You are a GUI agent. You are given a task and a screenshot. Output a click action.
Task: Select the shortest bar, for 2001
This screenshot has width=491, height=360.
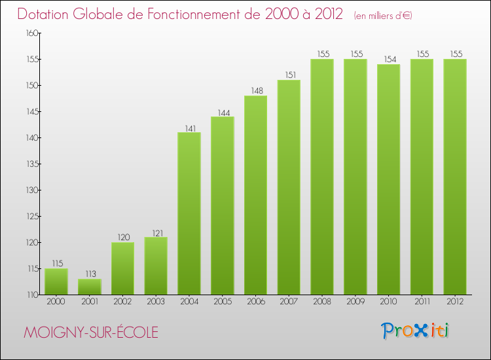pyautogui.click(x=89, y=287)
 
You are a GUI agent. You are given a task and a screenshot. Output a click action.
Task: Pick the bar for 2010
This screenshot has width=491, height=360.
pyautogui.click(x=388, y=179)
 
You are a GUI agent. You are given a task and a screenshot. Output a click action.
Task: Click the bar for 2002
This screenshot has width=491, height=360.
pyautogui.click(x=122, y=268)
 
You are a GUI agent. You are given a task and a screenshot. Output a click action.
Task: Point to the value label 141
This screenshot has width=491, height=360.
pyautogui.click(x=189, y=128)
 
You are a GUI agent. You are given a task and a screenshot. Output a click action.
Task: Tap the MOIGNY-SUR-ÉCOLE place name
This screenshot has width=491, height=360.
pyautogui.click(x=91, y=333)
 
